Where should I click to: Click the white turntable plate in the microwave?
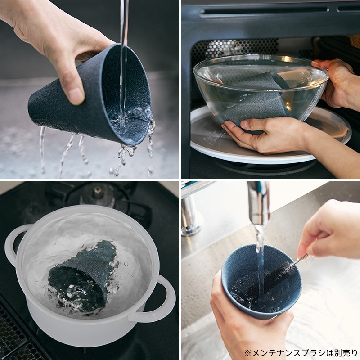271,140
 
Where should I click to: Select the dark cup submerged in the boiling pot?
83,275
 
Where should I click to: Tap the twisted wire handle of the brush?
300,259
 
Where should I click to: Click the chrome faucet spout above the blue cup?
258,202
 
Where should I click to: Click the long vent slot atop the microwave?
264,10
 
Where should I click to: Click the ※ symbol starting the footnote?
247,352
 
